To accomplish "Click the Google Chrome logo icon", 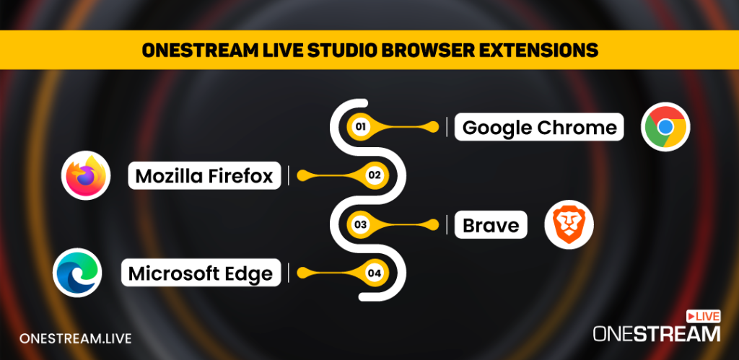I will (665, 127).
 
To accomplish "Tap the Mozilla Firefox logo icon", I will (86, 175).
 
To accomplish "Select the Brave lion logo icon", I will (569, 224).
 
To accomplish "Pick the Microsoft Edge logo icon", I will (77, 273).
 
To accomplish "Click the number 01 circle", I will (359, 128).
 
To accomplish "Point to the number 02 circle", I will (374, 175).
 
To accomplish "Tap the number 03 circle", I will (359, 225).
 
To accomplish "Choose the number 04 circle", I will (374, 273).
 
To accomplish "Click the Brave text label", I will (491, 226).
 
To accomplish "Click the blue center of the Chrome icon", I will (665, 127).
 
